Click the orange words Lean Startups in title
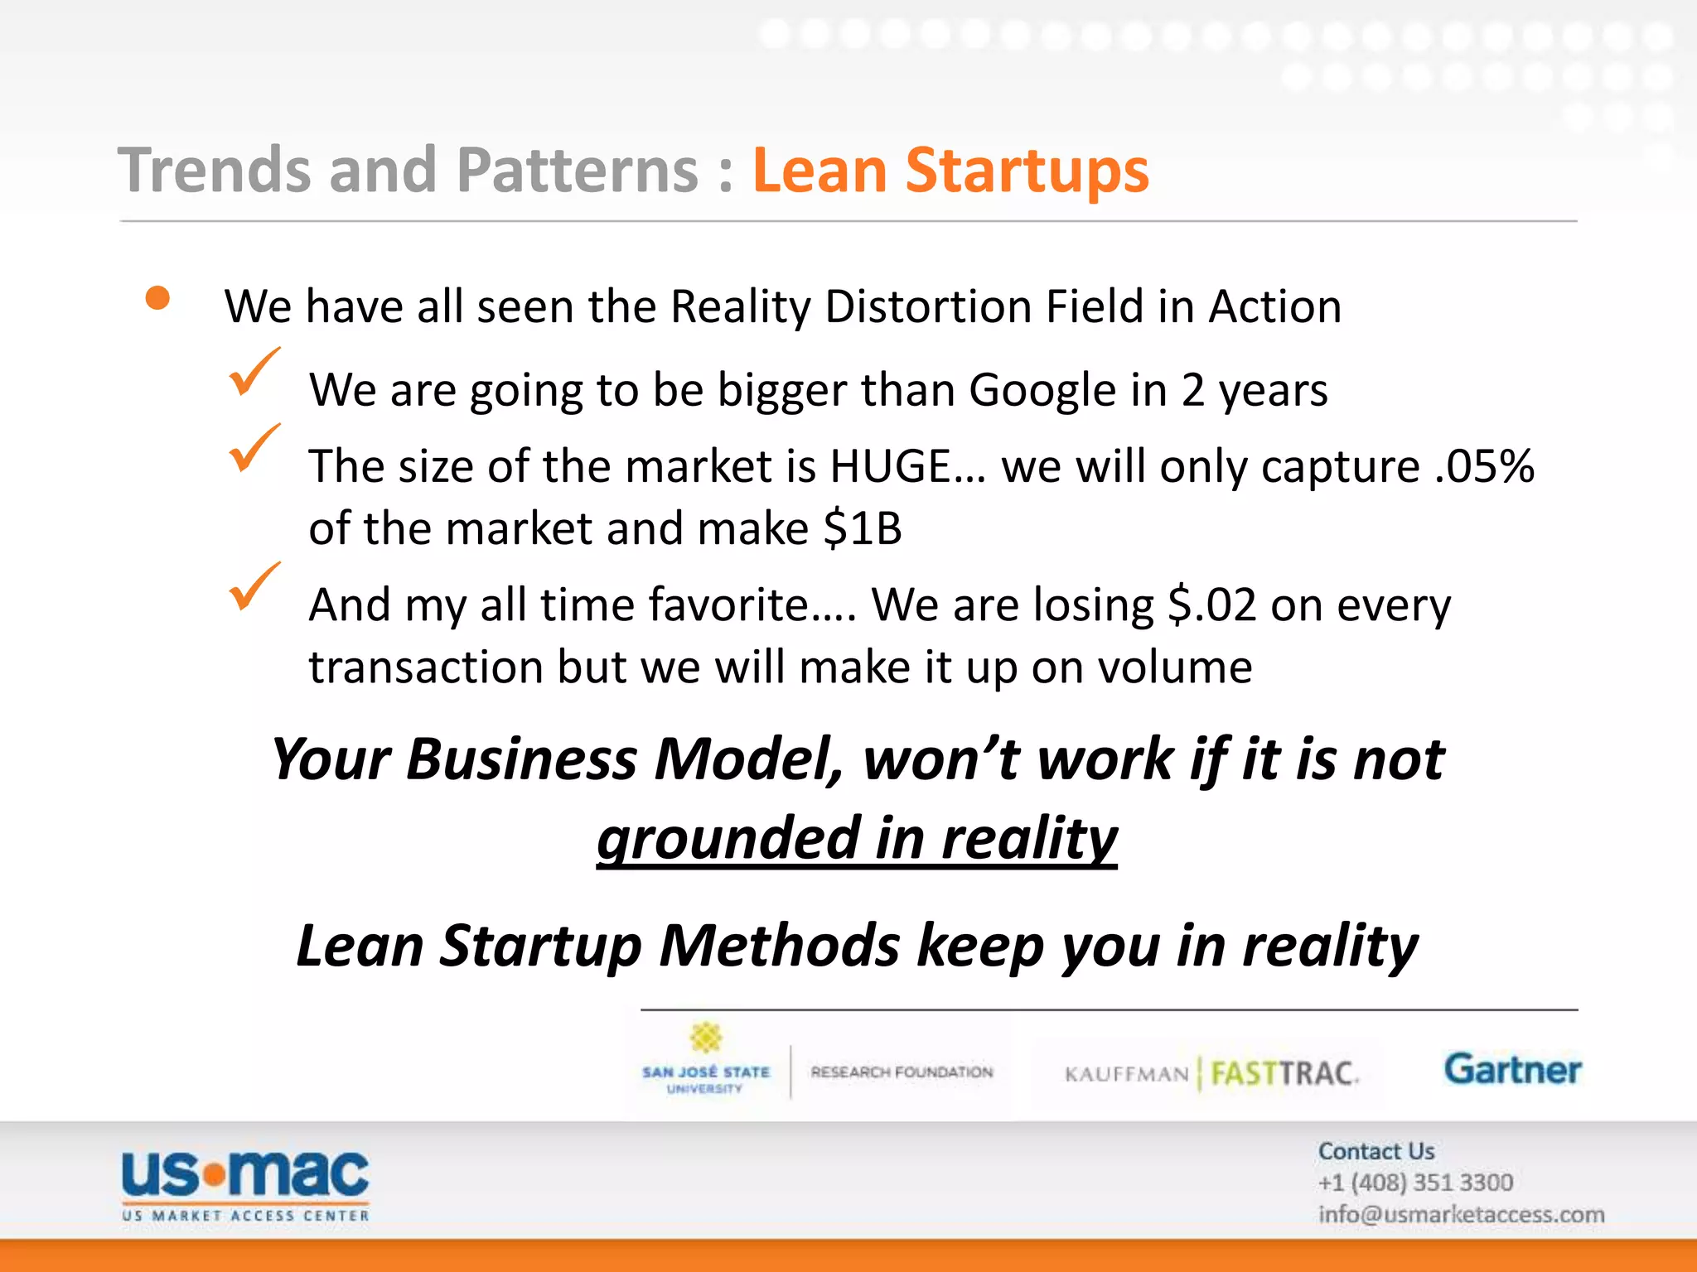click(950, 171)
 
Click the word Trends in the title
click(215, 171)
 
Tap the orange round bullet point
click(157, 298)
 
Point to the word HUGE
click(890, 466)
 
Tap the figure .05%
click(1484, 466)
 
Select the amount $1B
click(862, 528)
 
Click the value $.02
click(1211, 605)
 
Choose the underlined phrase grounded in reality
click(857, 838)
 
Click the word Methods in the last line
click(779, 946)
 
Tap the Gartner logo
click(1512, 1069)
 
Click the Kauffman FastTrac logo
click(1211, 1074)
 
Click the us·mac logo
click(245, 1184)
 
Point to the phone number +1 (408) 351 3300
click(1415, 1183)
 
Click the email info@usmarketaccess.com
click(1461, 1215)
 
